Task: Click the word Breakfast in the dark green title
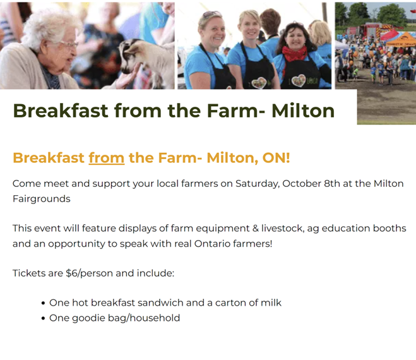pyautogui.click(x=56, y=111)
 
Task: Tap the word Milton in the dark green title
pyautogui.click(x=303, y=111)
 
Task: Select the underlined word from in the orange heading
pyautogui.click(x=106, y=157)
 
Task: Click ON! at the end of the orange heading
pyautogui.click(x=276, y=157)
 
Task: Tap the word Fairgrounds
pyautogui.click(x=41, y=198)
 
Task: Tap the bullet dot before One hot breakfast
pyautogui.click(x=42, y=303)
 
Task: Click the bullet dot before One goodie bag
pyautogui.click(x=42, y=318)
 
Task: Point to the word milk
pyautogui.click(x=270, y=303)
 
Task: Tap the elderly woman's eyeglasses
pyautogui.click(x=64, y=44)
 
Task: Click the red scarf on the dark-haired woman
pyautogui.click(x=294, y=54)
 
